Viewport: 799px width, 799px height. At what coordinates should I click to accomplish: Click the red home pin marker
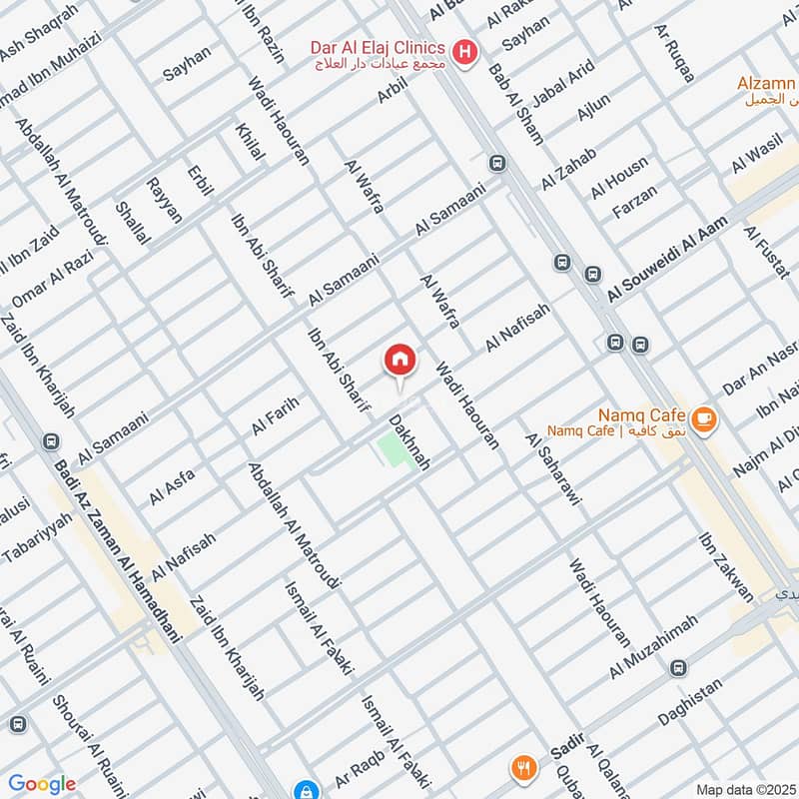[399, 361]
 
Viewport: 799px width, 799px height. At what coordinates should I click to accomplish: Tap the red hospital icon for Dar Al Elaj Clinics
[463, 50]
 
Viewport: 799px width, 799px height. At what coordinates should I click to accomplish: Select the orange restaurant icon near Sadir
[523, 768]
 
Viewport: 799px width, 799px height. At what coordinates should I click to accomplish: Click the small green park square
[396, 451]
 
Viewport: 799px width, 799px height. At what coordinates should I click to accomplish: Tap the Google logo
[42, 784]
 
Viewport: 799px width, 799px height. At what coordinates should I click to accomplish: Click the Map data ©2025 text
[744, 789]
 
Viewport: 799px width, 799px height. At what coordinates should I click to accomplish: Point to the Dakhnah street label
[409, 442]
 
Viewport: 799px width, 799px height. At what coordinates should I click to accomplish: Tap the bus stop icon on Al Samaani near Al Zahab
[496, 163]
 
